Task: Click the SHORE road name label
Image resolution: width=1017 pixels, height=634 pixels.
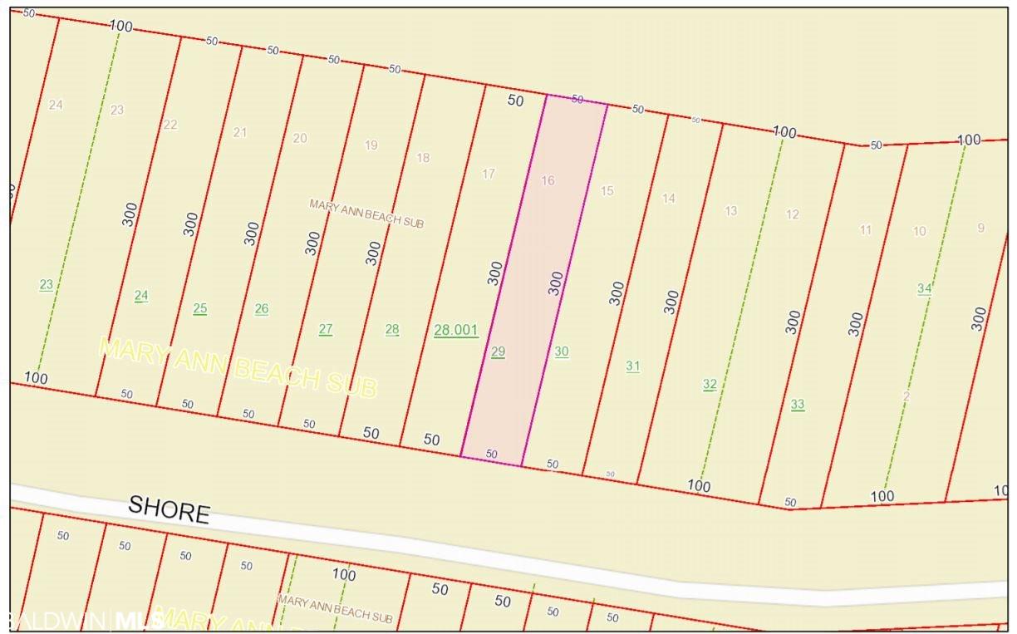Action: [x=169, y=509]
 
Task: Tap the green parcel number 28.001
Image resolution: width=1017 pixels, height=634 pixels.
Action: [x=456, y=330]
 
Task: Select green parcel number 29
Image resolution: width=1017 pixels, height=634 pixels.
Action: [x=498, y=351]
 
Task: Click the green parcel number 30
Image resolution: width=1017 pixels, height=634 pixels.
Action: [x=562, y=351]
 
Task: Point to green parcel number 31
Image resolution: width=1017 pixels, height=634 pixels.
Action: [x=633, y=366]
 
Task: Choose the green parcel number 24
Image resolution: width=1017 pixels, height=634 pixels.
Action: [x=141, y=295]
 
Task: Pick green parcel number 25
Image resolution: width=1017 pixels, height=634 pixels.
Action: [x=200, y=308]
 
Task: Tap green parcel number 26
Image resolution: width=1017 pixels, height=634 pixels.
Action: [x=262, y=308]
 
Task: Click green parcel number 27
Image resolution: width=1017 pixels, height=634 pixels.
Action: [x=326, y=329]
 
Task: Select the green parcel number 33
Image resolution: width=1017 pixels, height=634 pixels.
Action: [x=798, y=405]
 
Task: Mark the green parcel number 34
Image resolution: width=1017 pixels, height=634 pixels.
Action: [x=925, y=288]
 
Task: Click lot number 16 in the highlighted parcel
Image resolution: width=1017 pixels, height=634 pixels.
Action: [x=548, y=180]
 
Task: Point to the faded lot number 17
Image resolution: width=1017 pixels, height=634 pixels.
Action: [x=489, y=174]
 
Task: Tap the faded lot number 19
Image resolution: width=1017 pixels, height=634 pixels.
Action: [x=371, y=145]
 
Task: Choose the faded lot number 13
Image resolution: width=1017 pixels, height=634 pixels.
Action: [x=731, y=210]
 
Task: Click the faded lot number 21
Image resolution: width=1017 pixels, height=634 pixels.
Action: [x=240, y=132]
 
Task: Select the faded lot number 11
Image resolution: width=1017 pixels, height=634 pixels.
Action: [x=866, y=229]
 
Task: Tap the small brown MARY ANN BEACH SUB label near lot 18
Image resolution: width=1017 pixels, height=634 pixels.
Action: [x=366, y=214]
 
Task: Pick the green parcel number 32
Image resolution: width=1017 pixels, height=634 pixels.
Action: [x=710, y=384]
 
